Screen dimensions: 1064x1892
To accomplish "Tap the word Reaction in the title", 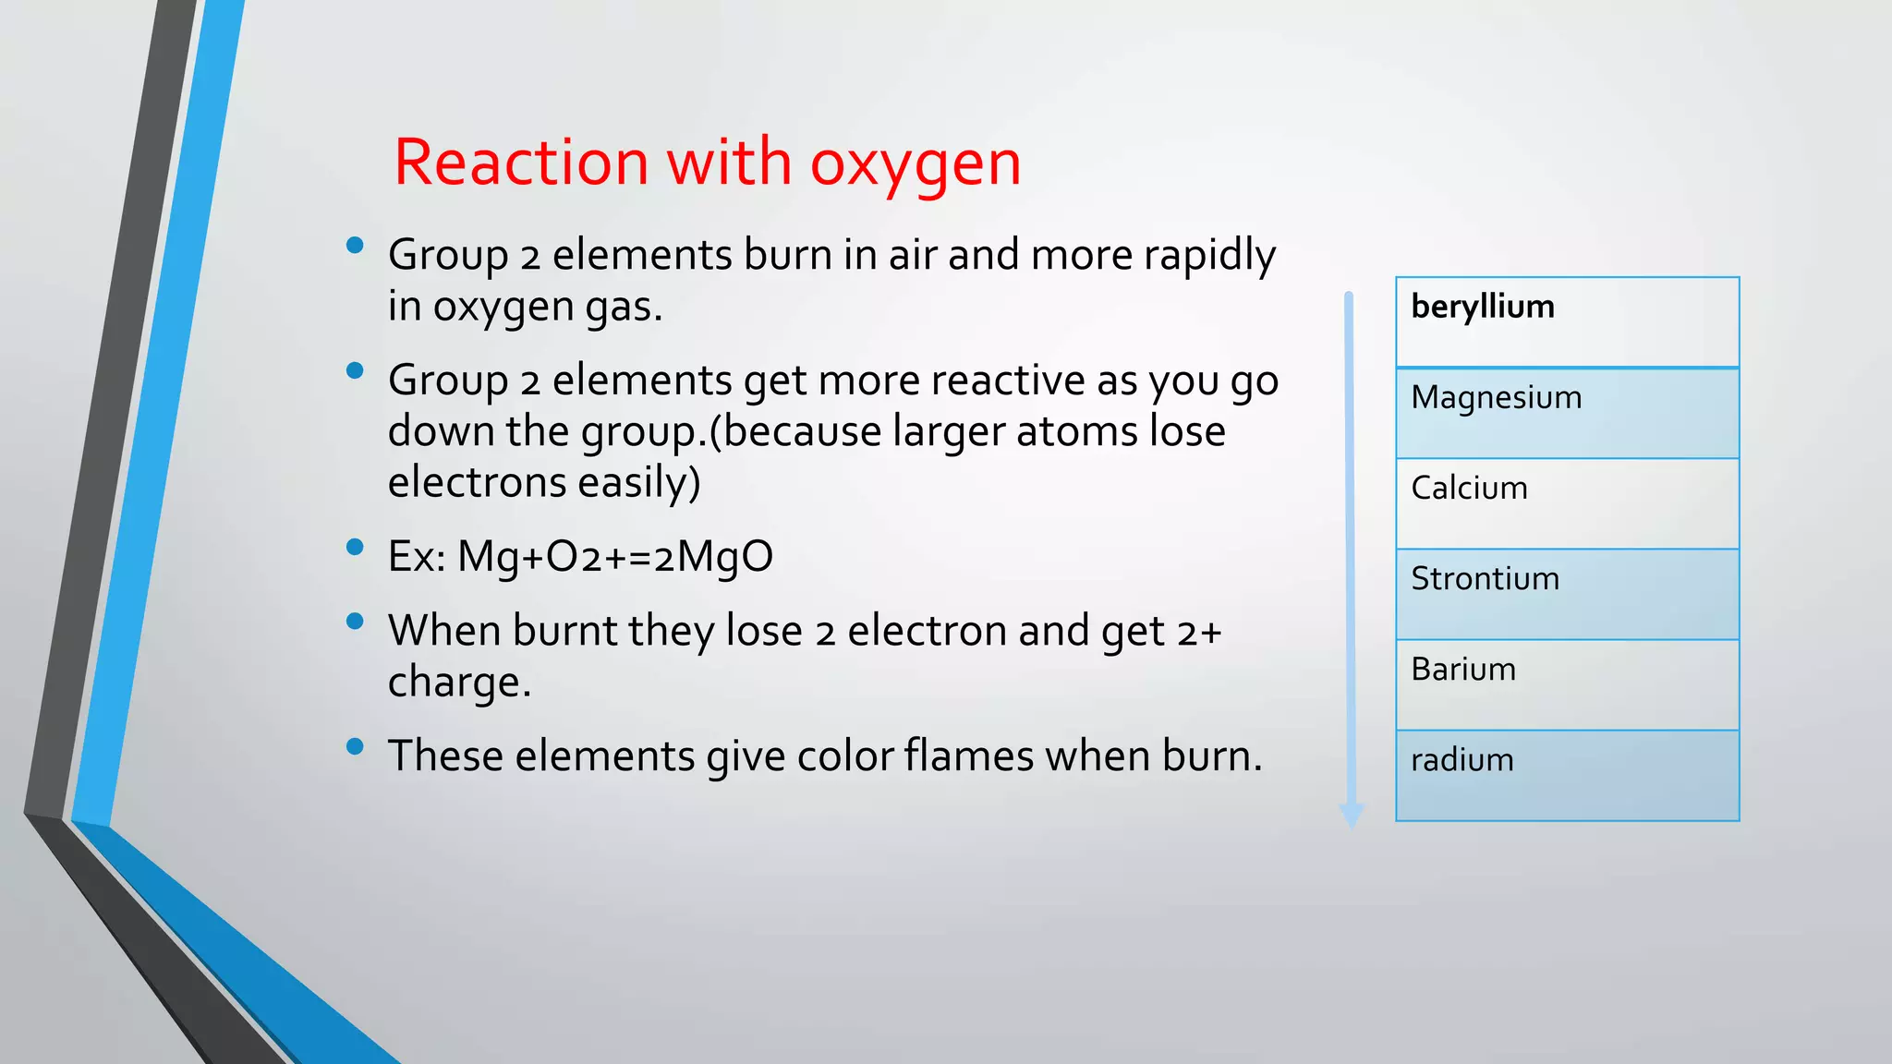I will (x=521, y=163).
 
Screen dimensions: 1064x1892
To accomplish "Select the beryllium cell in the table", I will (x=1567, y=321).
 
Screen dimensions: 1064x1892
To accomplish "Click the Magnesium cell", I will (x=1567, y=413).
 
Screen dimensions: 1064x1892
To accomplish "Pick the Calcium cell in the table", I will (x=1567, y=503).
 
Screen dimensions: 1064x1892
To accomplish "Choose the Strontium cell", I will (x=1567, y=594).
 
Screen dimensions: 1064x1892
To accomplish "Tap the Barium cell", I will (x=1567, y=684).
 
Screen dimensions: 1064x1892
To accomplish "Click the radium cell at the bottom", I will (x=1567, y=775).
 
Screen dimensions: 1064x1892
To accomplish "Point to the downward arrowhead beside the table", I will (x=1351, y=815).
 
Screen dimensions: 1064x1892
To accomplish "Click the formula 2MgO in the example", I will (x=712, y=557).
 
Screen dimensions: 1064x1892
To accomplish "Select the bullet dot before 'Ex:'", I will (x=355, y=547).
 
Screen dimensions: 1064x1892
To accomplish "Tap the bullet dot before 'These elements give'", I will (x=355, y=746).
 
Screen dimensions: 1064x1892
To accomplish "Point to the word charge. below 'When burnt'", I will (x=459, y=683).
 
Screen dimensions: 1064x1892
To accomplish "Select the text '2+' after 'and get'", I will (x=1199, y=632).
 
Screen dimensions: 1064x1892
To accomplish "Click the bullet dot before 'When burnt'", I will (x=355, y=621).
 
